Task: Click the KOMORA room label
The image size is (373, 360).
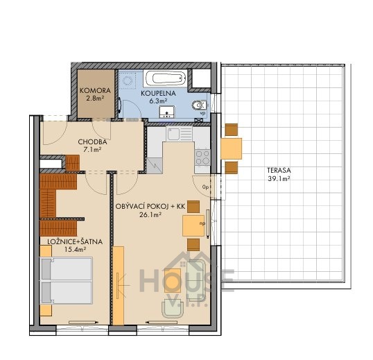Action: click(95, 91)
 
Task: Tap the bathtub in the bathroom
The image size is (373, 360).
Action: click(166, 78)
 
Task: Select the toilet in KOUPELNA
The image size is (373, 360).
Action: click(199, 105)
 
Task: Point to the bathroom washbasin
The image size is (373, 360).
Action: click(167, 112)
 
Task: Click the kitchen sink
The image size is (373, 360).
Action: click(180, 133)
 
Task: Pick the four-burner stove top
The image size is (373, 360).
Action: click(202, 157)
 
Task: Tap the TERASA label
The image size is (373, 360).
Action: click(279, 171)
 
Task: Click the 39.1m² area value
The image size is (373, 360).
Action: click(279, 179)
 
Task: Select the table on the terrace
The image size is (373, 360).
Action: click(232, 148)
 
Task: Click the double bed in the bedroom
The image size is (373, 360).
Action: click(67, 280)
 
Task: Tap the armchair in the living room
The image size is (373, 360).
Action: click(173, 309)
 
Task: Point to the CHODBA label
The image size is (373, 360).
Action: click(92, 142)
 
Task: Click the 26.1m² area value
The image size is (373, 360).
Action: click(151, 215)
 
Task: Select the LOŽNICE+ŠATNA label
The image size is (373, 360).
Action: click(75, 242)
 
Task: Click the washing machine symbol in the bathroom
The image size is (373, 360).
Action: click(128, 80)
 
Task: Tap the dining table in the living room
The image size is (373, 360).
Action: click(193, 225)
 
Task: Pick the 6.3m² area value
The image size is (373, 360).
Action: click(158, 101)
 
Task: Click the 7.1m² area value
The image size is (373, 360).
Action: click(92, 150)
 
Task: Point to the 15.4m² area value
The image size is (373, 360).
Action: click(75, 249)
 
